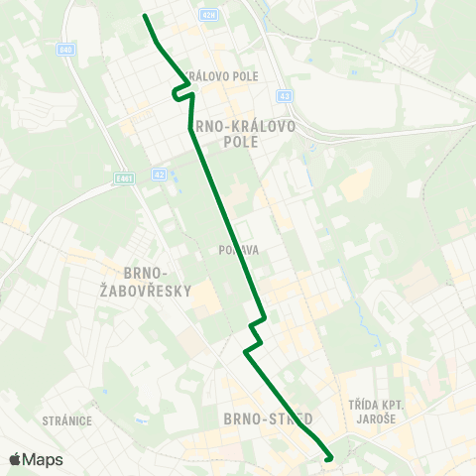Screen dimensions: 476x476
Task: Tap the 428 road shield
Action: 206,15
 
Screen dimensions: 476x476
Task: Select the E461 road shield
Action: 123,178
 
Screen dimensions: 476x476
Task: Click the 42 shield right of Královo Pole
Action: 285,96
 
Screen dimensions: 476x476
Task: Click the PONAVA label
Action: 241,250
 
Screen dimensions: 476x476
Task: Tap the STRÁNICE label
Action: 67,420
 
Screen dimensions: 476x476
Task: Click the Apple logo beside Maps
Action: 15,459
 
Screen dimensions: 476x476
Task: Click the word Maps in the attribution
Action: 43,459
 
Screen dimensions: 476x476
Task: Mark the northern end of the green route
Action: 146,16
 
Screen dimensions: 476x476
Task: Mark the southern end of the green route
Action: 328,457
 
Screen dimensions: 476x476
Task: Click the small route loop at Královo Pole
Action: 181,92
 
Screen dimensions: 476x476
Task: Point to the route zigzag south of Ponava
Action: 256,335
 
